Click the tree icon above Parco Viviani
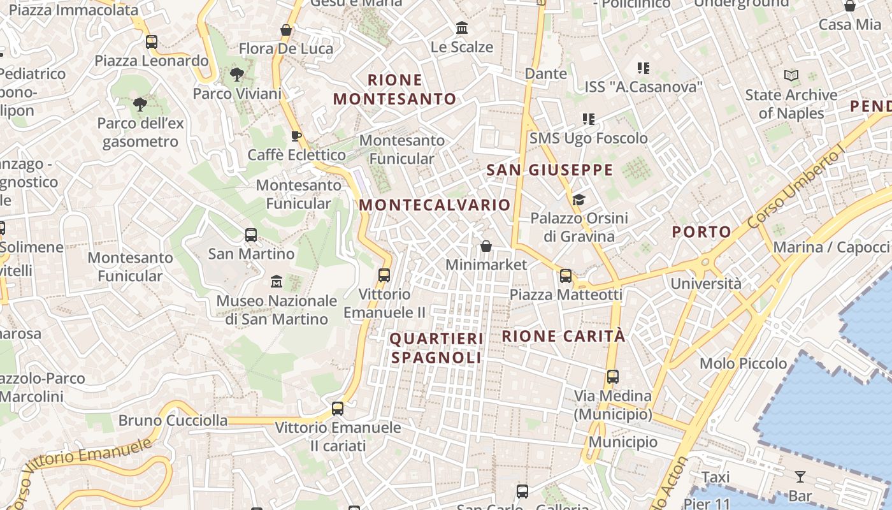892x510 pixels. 236,75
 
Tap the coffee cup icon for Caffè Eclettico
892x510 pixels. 296,135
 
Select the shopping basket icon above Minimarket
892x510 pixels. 486,245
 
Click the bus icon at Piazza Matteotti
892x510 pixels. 565,276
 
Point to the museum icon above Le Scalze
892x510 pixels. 462,28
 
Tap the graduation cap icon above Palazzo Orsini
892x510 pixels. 578,200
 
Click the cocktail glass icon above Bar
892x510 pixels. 800,476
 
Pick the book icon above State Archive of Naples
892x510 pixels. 791,76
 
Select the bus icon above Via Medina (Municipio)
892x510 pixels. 612,377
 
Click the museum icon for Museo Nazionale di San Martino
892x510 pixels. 277,281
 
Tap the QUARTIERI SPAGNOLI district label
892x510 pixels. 436,348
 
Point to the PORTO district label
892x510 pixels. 701,232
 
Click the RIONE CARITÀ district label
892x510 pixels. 564,336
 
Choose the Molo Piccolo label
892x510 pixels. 743,363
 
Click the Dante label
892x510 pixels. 545,73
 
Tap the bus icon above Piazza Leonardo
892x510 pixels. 151,42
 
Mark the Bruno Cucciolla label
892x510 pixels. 173,420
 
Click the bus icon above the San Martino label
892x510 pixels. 251,235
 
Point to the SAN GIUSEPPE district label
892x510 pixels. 549,170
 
